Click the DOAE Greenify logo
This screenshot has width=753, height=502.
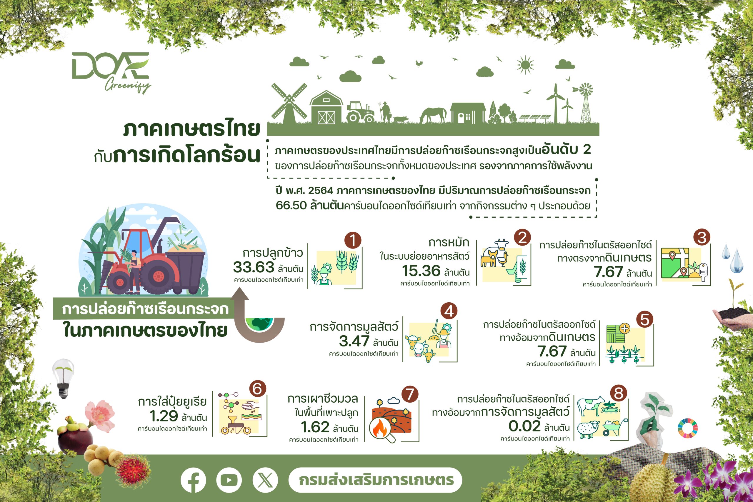tap(111, 72)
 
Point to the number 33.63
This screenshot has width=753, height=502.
tap(254, 267)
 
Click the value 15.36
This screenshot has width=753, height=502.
tap(421, 271)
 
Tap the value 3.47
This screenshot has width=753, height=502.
tap(354, 341)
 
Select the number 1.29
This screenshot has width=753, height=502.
tap(164, 416)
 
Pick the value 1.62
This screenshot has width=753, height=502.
tap(315, 427)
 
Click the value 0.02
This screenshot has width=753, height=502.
tap(525, 426)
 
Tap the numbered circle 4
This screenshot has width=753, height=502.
tap(449, 311)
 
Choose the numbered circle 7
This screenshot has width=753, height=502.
tap(410, 394)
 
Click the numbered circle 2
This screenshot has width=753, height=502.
tap(522, 238)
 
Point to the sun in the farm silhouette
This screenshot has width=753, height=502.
tap(525, 65)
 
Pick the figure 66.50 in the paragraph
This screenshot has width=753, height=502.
tap(291, 205)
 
